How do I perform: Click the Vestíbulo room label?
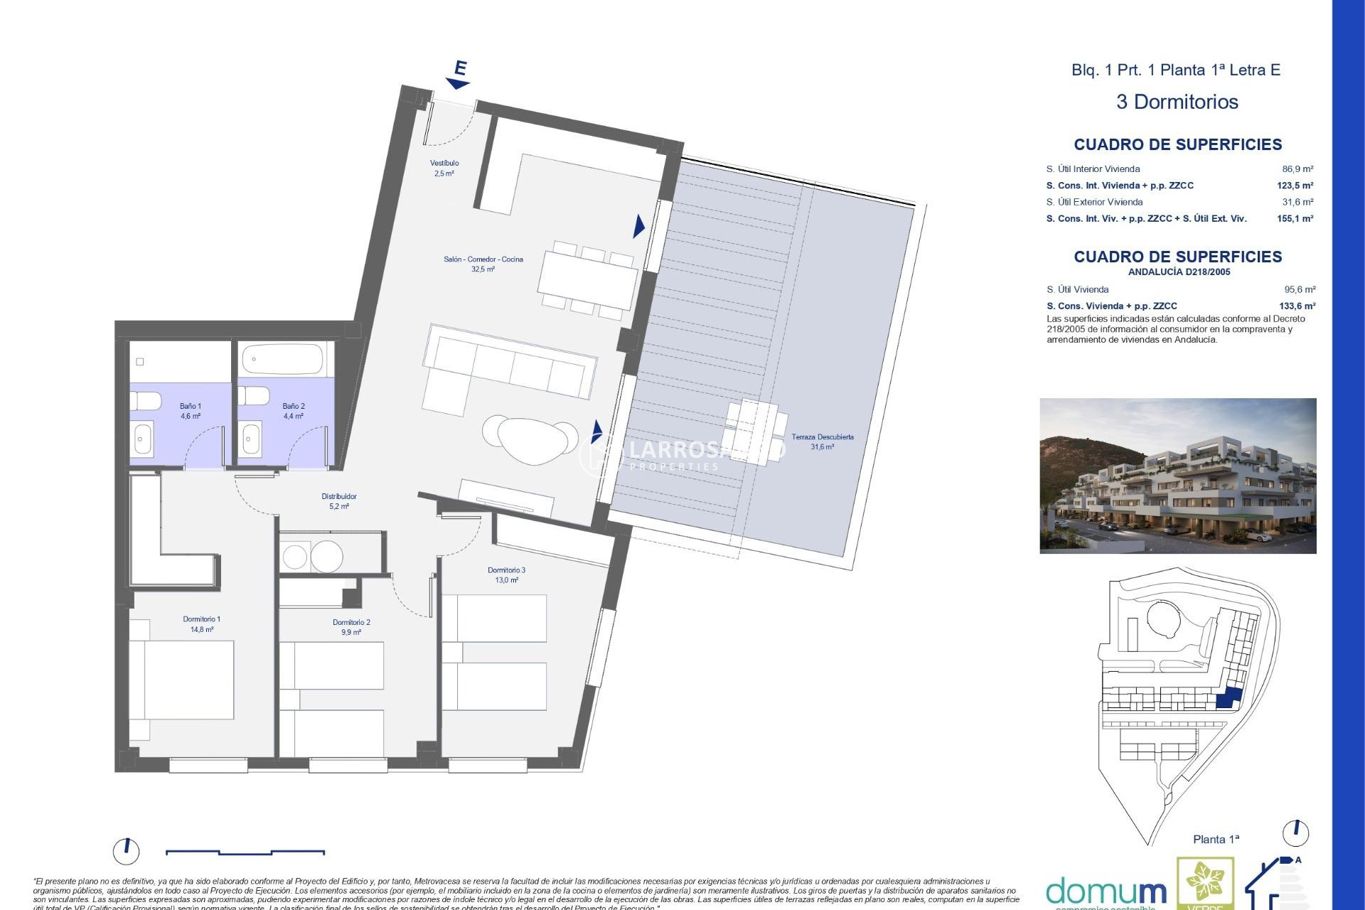pyautogui.click(x=444, y=168)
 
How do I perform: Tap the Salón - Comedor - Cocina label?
pyautogui.click(x=483, y=264)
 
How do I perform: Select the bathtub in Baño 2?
pyautogui.click(x=282, y=360)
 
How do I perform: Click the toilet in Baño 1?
pyautogui.click(x=145, y=401)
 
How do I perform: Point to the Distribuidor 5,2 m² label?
pyautogui.click(x=339, y=501)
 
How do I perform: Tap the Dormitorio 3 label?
pyautogui.click(x=506, y=574)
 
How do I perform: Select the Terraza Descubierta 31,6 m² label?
pyautogui.click(x=823, y=441)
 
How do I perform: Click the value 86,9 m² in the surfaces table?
pyautogui.click(x=1297, y=169)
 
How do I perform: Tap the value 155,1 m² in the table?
pyautogui.click(x=1295, y=219)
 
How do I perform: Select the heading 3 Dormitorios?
pyautogui.click(x=1177, y=102)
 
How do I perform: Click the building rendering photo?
pyautogui.click(x=1177, y=476)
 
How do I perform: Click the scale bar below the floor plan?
pyautogui.click(x=245, y=852)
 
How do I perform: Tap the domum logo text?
pyautogui.click(x=1106, y=892)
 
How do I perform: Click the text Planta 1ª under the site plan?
pyautogui.click(x=1216, y=840)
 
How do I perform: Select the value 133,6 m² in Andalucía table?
pyautogui.click(x=1297, y=306)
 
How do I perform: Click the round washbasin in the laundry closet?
pyautogui.click(x=327, y=557)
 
